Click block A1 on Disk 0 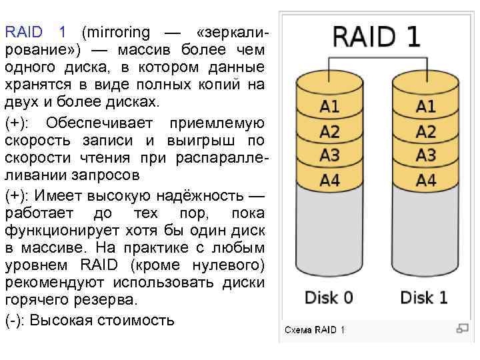pos(330,106)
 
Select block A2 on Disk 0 pos(330,131)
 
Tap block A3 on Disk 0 pos(330,156)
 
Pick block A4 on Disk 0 pos(330,180)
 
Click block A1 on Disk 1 pos(426,106)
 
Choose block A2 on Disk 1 pos(426,131)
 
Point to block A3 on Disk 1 pos(426,156)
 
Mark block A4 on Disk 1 pos(426,180)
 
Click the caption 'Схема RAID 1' pos(315,330)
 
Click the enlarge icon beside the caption pos(461,328)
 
